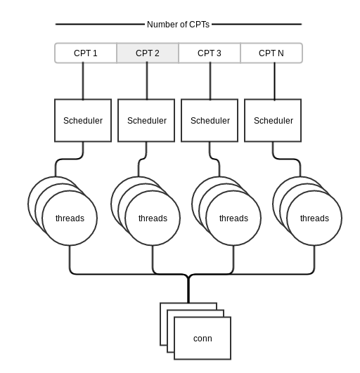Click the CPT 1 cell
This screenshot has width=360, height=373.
click(x=86, y=53)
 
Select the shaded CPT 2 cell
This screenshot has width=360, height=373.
click(x=148, y=53)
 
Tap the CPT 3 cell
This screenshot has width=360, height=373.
click(x=210, y=53)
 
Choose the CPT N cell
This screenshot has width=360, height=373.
click(x=271, y=53)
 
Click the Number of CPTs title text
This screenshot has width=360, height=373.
click(x=178, y=25)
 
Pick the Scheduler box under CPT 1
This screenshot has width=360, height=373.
click(x=83, y=120)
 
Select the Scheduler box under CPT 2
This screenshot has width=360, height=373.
click(x=146, y=120)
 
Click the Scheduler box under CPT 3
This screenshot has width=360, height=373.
click(x=210, y=120)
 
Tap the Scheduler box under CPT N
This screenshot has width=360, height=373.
click(x=273, y=120)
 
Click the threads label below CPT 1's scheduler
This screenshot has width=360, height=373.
click(x=70, y=218)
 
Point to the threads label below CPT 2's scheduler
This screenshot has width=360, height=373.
click(x=153, y=218)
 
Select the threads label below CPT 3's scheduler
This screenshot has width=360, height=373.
click(x=233, y=218)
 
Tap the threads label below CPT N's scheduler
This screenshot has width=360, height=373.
click(x=314, y=218)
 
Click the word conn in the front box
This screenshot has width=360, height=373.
click(x=202, y=339)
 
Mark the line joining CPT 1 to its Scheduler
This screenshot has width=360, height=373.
click(x=83, y=81)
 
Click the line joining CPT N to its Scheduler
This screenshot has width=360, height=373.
click(x=274, y=81)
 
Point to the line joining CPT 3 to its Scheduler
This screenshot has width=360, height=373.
click(x=210, y=81)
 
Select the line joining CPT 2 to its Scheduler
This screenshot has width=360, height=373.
click(x=147, y=81)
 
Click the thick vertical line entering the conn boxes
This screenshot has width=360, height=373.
click(x=188, y=289)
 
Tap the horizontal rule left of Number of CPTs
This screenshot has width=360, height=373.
click(x=100, y=24)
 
